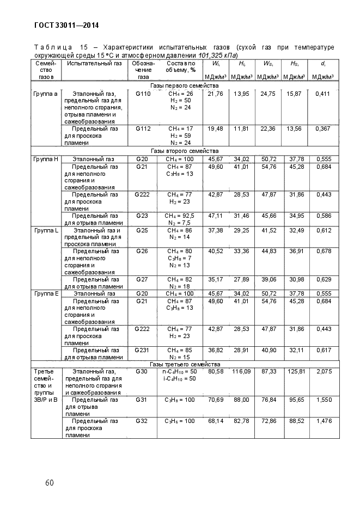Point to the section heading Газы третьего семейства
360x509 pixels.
pyautogui.click(x=184, y=364)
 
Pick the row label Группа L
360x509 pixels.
pyautogui.click(x=46, y=231)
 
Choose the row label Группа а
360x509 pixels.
pyautogui.click(x=46, y=94)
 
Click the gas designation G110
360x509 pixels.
pyautogui.click(x=143, y=94)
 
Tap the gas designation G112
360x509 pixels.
pyautogui.click(x=143, y=129)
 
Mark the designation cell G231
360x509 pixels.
pyautogui.click(x=143, y=350)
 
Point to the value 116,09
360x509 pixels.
pyautogui.click(x=241, y=371)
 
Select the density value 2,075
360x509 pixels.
pyautogui.click(x=324, y=371)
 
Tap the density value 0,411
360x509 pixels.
pyautogui.click(x=324, y=94)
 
